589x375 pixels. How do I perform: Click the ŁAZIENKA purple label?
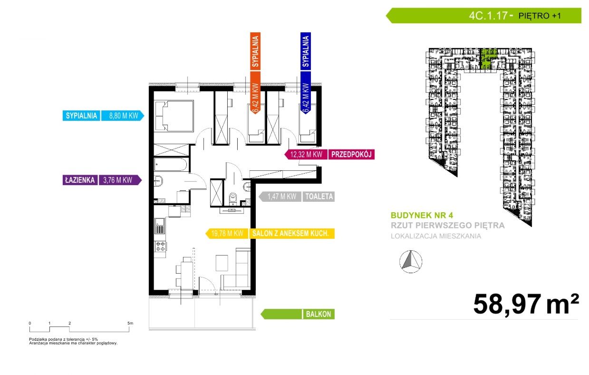80,180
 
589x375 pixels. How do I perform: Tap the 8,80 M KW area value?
123,116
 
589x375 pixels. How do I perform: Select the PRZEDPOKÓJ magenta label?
351,155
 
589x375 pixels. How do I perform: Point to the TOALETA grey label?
319,197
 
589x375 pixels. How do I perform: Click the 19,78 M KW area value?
227,233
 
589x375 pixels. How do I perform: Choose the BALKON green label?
319,314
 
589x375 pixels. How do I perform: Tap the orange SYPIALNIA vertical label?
255,51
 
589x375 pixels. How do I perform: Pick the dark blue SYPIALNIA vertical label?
306,51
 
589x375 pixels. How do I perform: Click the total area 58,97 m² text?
526,304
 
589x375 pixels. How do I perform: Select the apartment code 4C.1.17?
488,16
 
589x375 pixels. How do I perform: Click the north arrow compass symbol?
411,262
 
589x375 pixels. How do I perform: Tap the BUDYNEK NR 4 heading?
422,216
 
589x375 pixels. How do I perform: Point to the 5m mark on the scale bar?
130,323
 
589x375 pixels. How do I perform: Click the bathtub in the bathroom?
171,165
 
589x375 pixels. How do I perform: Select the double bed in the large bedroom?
178,116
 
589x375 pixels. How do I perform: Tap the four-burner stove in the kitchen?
160,247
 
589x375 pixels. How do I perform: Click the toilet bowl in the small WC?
233,199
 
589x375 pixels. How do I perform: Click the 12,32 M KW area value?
306,155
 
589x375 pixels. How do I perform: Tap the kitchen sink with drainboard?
160,226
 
